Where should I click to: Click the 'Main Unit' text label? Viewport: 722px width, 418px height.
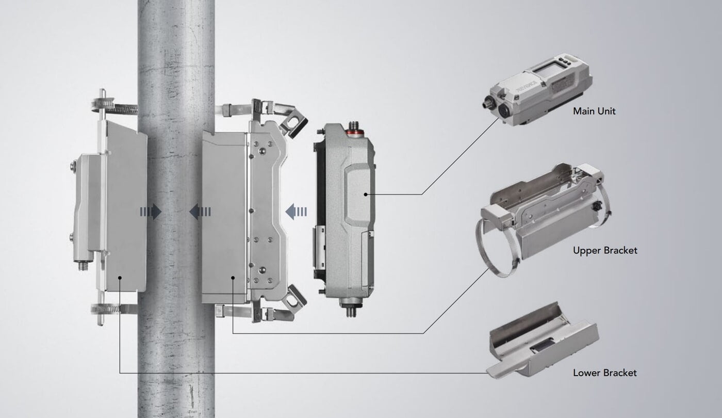tap(594, 111)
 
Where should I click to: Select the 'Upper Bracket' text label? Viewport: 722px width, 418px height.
tap(605, 250)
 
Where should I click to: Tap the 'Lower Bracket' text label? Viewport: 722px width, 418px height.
tap(604, 373)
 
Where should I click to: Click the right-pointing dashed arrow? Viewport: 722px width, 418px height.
tap(151, 211)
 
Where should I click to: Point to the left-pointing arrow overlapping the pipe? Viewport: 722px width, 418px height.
tap(200, 211)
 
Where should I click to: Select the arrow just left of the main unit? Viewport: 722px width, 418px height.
tap(296, 211)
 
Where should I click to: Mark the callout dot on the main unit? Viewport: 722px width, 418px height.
tap(366, 195)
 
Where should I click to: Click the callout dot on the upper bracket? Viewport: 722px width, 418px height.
tap(233, 278)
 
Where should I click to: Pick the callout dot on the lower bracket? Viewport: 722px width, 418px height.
tap(120, 278)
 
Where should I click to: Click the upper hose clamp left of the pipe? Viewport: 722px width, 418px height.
tap(114, 106)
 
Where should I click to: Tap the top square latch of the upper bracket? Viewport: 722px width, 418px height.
tap(294, 123)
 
